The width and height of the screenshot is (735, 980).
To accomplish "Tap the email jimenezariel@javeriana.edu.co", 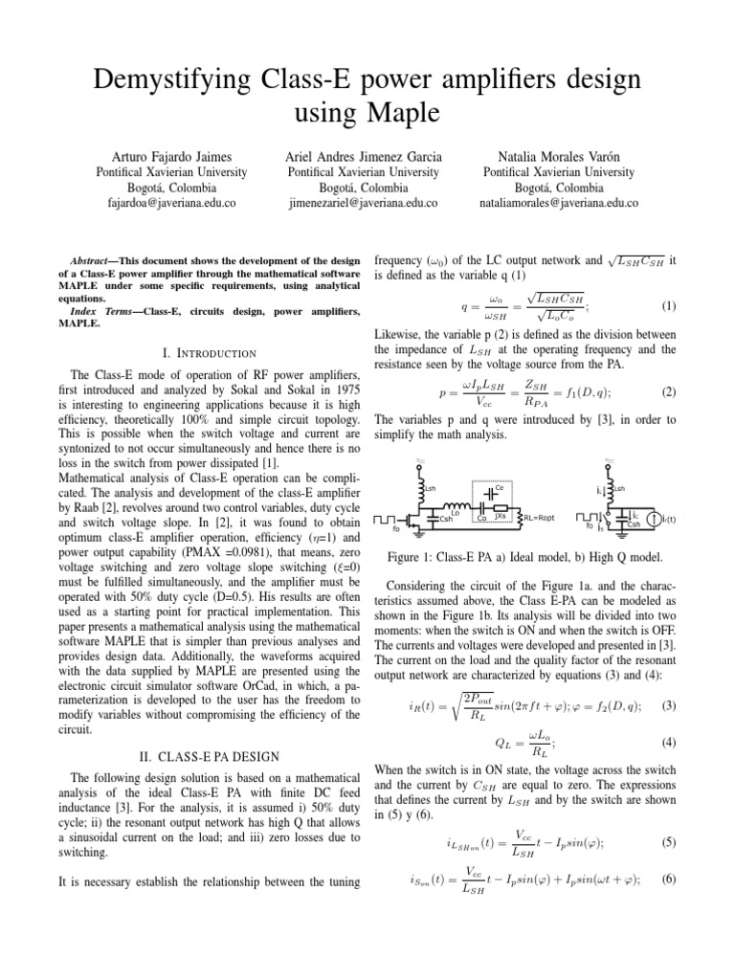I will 363,204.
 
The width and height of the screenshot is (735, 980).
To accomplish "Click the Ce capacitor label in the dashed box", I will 500,486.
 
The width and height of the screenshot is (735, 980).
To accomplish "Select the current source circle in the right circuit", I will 654,520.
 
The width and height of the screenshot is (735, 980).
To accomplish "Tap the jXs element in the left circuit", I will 499,517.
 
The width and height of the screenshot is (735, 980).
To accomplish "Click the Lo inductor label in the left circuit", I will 456,513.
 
